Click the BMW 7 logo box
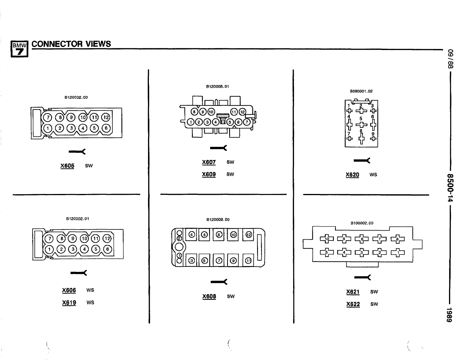click(x=19, y=49)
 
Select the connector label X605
click(x=67, y=166)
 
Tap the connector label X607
click(x=209, y=162)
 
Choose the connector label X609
click(x=209, y=174)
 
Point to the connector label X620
click(x=352, y=174)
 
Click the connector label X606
click(x=69, y=290)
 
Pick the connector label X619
click(x=69, y=302)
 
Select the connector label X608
click(x=209, y=296)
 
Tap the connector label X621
click(x=353, y=292)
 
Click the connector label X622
click(x=353, y=304)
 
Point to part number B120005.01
click(x=218, y=86)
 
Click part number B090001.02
click(x=361, y=91)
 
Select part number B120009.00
click(x=218, y=220)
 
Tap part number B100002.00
click(x=362, y=223)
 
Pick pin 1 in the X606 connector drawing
click(x=50, y=249)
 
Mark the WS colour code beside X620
click(x=373, y=174)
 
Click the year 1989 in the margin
click(x=450, y=314)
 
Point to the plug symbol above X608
click(x=219, y=281)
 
